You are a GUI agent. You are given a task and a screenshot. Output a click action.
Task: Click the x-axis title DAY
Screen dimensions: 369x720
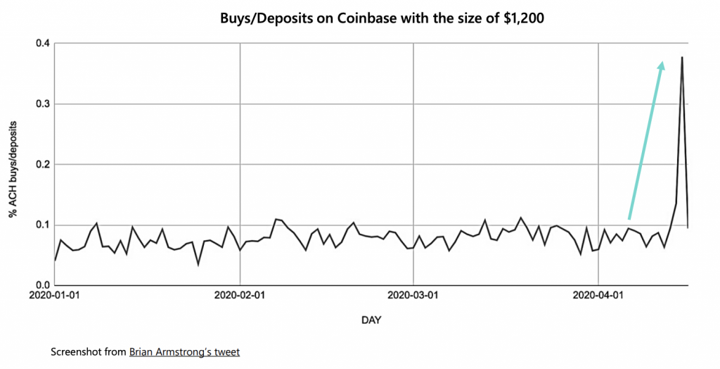tap(371, 320)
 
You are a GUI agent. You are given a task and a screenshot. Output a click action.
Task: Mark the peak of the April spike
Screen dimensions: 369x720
tap(682, 58)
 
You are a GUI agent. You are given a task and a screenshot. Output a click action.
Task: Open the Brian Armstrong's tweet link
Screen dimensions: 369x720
tap(184, 351)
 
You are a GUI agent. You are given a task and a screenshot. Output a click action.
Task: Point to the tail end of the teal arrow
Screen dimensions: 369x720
tap(629, 219)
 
